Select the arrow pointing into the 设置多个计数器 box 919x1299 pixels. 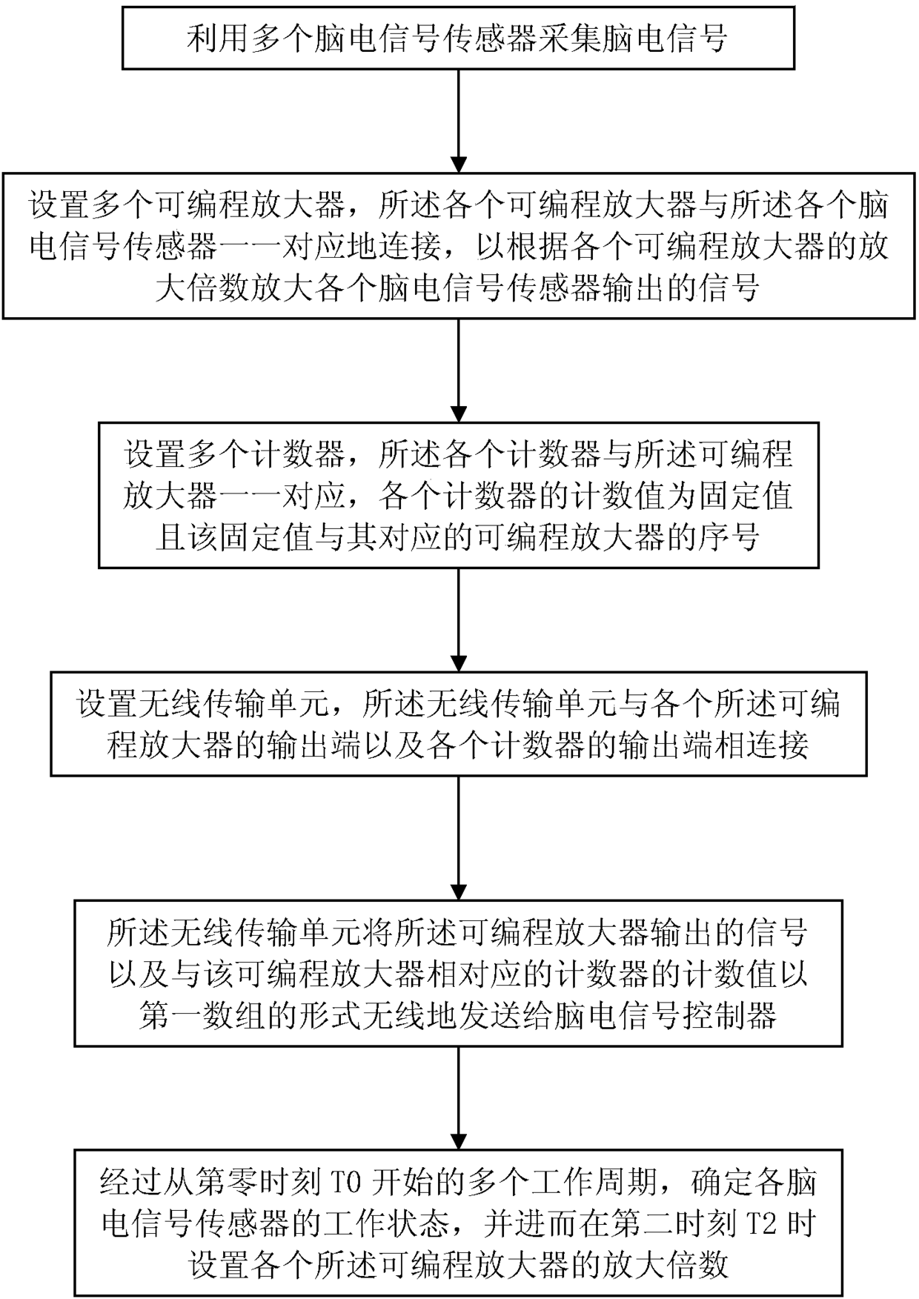[x=459, y=371]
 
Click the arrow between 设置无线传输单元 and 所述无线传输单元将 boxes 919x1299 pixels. [x=459, y=837]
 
